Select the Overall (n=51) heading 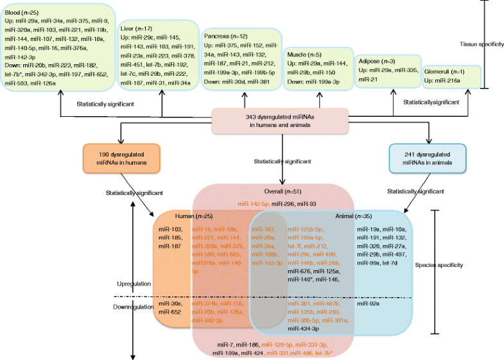(279, 191)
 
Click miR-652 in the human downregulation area (168, 313)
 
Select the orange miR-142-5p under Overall (253, 203)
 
